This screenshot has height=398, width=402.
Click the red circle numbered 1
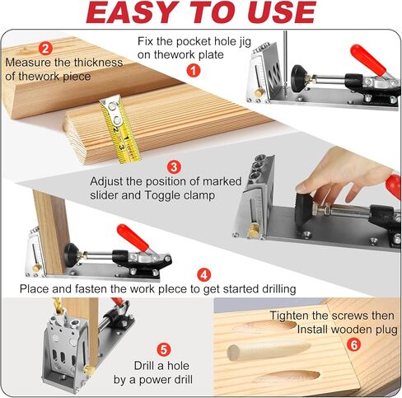pos(194,71)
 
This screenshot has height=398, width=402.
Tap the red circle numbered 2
pos(45,49)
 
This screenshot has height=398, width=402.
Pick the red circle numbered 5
pos(163,349)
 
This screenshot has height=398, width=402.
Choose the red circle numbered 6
pos(353,344)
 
